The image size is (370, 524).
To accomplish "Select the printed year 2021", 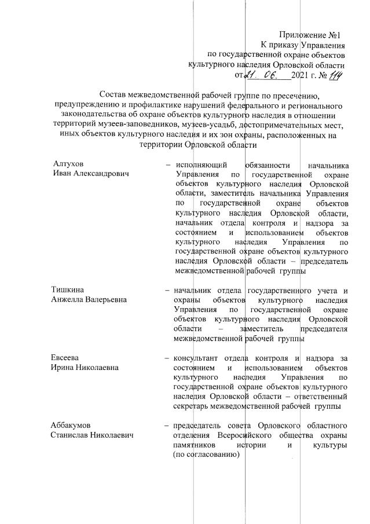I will [301, 75].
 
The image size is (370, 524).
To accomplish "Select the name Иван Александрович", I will [89, 174].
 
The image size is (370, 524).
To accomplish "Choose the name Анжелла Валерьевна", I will [89, 299].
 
